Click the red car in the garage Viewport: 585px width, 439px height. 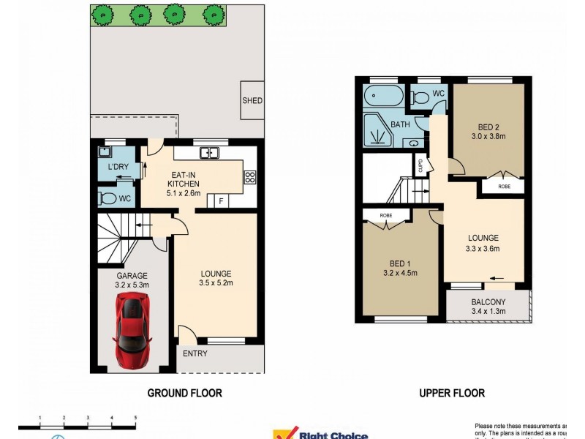(132, 329)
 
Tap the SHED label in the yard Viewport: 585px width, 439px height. (252, 101)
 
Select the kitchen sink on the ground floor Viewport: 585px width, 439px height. (209, 153)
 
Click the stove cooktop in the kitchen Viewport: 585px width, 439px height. (249, 176)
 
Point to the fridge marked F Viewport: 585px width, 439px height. (220, 200)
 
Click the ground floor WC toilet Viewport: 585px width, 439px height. (107, 198)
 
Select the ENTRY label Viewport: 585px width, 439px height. (195, 354)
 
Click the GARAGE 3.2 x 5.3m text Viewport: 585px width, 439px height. (131, 280)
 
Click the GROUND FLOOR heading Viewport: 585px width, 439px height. (184, 393)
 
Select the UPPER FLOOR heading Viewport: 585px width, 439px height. (451, 393)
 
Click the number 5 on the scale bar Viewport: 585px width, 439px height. (135, 417)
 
